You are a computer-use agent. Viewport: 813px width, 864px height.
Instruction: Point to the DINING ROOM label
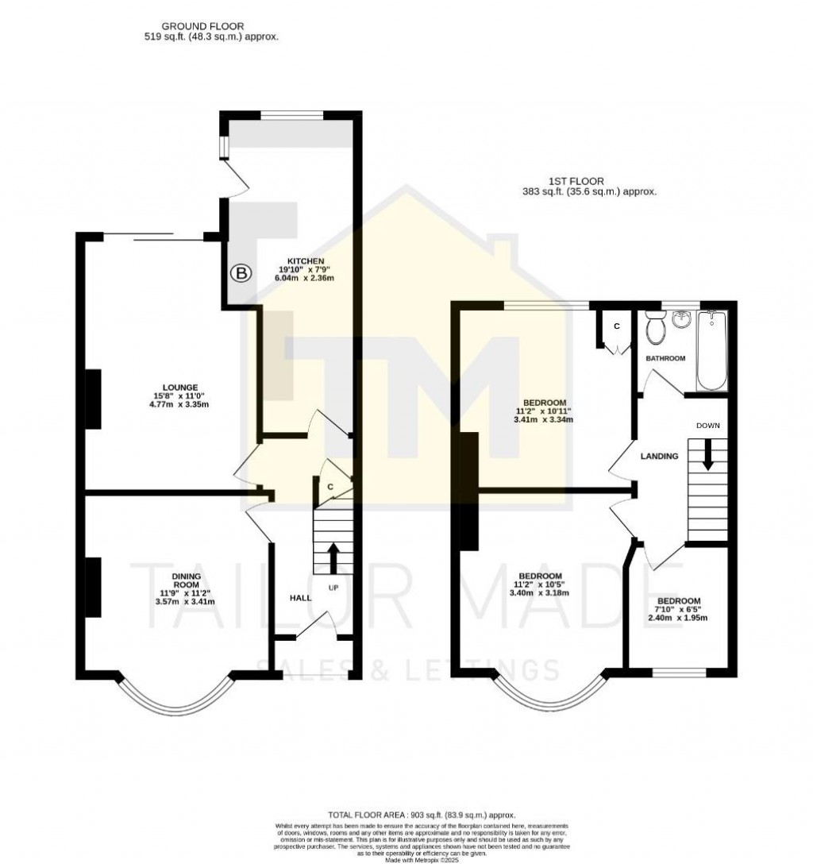pyautogui.click(x=187, y=580)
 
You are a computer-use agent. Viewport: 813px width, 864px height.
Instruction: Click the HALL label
pyautogui.click(x=300, y=597)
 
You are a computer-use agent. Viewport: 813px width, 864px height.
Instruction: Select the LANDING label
pyautogui.click(x=660, y=457)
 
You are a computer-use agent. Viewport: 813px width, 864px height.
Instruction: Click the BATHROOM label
pyautogui.click(x=665, y=358)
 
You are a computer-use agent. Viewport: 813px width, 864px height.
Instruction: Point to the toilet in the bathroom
pyautogui.click(x=656, y=328)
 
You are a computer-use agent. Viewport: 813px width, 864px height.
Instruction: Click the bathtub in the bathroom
pyautogui.click(x=711, y=350)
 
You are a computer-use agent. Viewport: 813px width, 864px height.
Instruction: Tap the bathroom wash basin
pyautogui.click(x=681, y=319)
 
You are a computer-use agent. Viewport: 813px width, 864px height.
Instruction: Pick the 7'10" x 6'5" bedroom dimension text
pyautogui.click(x=679, y=609)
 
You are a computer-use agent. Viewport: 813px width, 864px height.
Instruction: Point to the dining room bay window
pyautogui.click(x=176, y=699)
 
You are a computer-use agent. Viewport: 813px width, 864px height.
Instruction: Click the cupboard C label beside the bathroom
pyautogui.click(x=617, y=326)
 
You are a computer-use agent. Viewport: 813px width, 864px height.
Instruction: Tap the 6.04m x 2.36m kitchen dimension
pyautogui.click(x=304, y=278)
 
